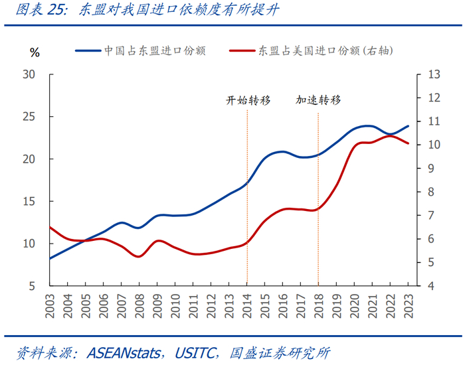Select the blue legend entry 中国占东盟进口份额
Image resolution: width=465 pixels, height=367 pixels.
[x=153, y=50]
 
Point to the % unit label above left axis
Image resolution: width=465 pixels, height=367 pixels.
[x=35, y=52]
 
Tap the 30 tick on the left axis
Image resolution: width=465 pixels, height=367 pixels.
[x=29, y=74]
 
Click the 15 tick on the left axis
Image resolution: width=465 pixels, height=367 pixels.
[x=29, y=201]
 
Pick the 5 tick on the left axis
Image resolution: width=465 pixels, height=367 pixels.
[x=32, y=286]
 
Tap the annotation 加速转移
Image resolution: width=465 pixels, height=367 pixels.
[x=318, y=100]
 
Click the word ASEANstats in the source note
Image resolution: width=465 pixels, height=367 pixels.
[x=124, y=352]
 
